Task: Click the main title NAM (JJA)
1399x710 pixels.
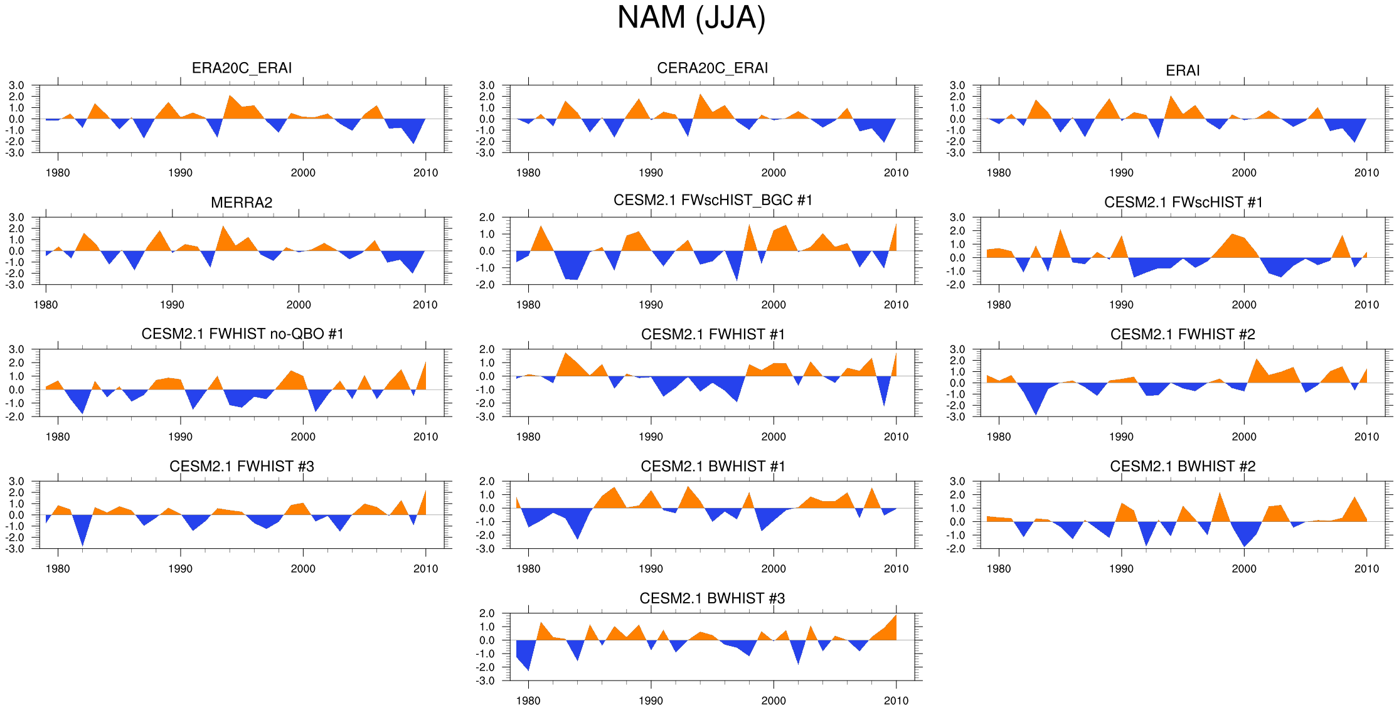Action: click(x=691, y=18)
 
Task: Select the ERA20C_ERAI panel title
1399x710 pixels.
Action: click(x=242, y=68)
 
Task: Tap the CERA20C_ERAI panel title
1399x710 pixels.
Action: click(x=712, y=68)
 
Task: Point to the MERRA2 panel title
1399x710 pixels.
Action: click(x=242, y=203)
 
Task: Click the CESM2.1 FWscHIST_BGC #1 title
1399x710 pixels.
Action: click(x=713, y=200)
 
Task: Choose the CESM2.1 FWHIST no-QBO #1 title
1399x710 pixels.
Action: click(x=242, y=334)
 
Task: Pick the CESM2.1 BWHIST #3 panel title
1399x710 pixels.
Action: click(x=712, y=598)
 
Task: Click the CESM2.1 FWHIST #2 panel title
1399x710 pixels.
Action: click(x=1183, y=334)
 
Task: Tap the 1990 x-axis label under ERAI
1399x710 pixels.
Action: click(x=1121, y=173)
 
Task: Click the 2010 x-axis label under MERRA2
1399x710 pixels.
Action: click(x=425, y=305)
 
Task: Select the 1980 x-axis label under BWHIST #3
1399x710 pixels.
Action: click(x=528, y=701)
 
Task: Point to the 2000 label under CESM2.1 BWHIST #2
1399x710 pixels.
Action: click(x=1244, y=569)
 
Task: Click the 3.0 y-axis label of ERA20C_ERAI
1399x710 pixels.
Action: click(x=17, y=85)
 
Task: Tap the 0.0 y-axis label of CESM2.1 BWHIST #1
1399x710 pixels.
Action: click(x=487, y=509)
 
